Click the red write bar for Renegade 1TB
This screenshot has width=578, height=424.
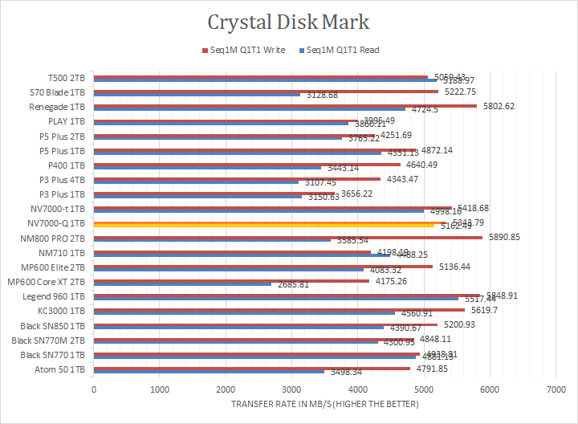(x=285, y=105)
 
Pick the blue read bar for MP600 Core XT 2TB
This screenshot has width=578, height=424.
(x=182, y=284)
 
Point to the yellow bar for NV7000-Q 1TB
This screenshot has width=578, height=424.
(x=264, y=226)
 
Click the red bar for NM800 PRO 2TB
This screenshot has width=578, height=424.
(x=288, y=236)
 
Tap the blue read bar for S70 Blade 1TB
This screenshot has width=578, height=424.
(x=197, y=95)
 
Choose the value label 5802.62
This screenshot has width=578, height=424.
(x=499, y=106)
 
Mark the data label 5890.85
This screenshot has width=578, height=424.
(x=505, y=237)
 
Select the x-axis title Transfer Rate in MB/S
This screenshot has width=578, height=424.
(x=324, y=403)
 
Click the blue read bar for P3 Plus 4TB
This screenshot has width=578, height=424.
(x=196, y=182)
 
